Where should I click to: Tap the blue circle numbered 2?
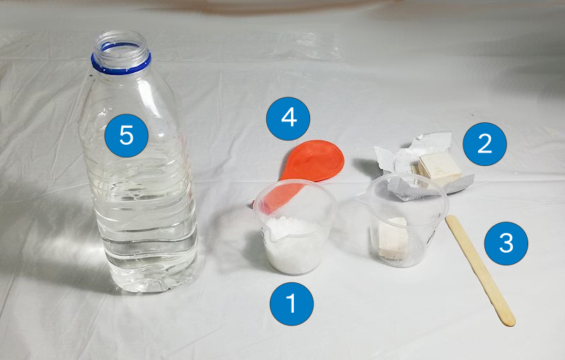[x=484, y=144]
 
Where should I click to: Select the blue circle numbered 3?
[x=506, y=243]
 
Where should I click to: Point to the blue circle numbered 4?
[x=288, y=118]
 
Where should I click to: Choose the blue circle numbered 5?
[x=126, y=135]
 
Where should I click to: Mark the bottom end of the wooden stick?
[x=507, y=320]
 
